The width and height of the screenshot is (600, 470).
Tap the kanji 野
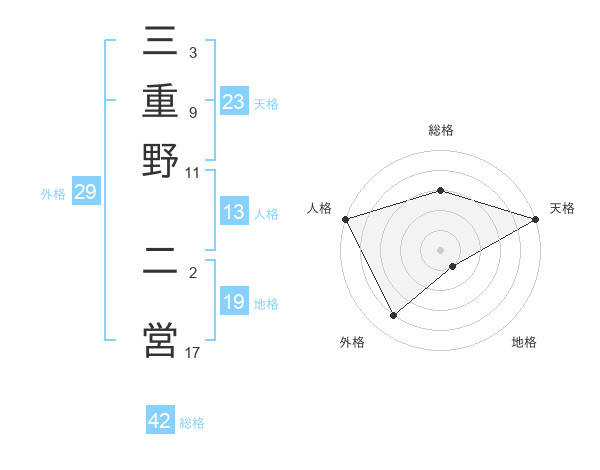(x=161, y=159)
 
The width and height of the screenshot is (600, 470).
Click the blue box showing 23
(x=234, y=101)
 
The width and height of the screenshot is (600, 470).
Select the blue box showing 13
(x=234, y=212)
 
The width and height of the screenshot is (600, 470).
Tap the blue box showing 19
(x=234, y=302)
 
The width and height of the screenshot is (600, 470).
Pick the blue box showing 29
(x=85, y=192)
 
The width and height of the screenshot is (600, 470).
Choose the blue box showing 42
(x=160, y=421)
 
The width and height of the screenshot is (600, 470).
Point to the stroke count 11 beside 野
(x=193, y=172)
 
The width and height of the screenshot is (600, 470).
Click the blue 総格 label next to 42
(x=192, y=423)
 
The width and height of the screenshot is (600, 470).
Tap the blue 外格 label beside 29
(x=53, y=194)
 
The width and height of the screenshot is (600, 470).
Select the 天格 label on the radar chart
(x=562, y=208)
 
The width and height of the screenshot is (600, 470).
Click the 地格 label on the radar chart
(x=524, y=342)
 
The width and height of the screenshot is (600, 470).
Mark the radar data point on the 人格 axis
(x=345, y=219)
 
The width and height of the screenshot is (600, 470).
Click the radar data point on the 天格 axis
(x=536, y=219)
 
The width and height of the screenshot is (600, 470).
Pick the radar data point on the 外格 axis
(x=394, y=316)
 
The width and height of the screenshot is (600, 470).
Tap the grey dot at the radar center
(x=441, y=250)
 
